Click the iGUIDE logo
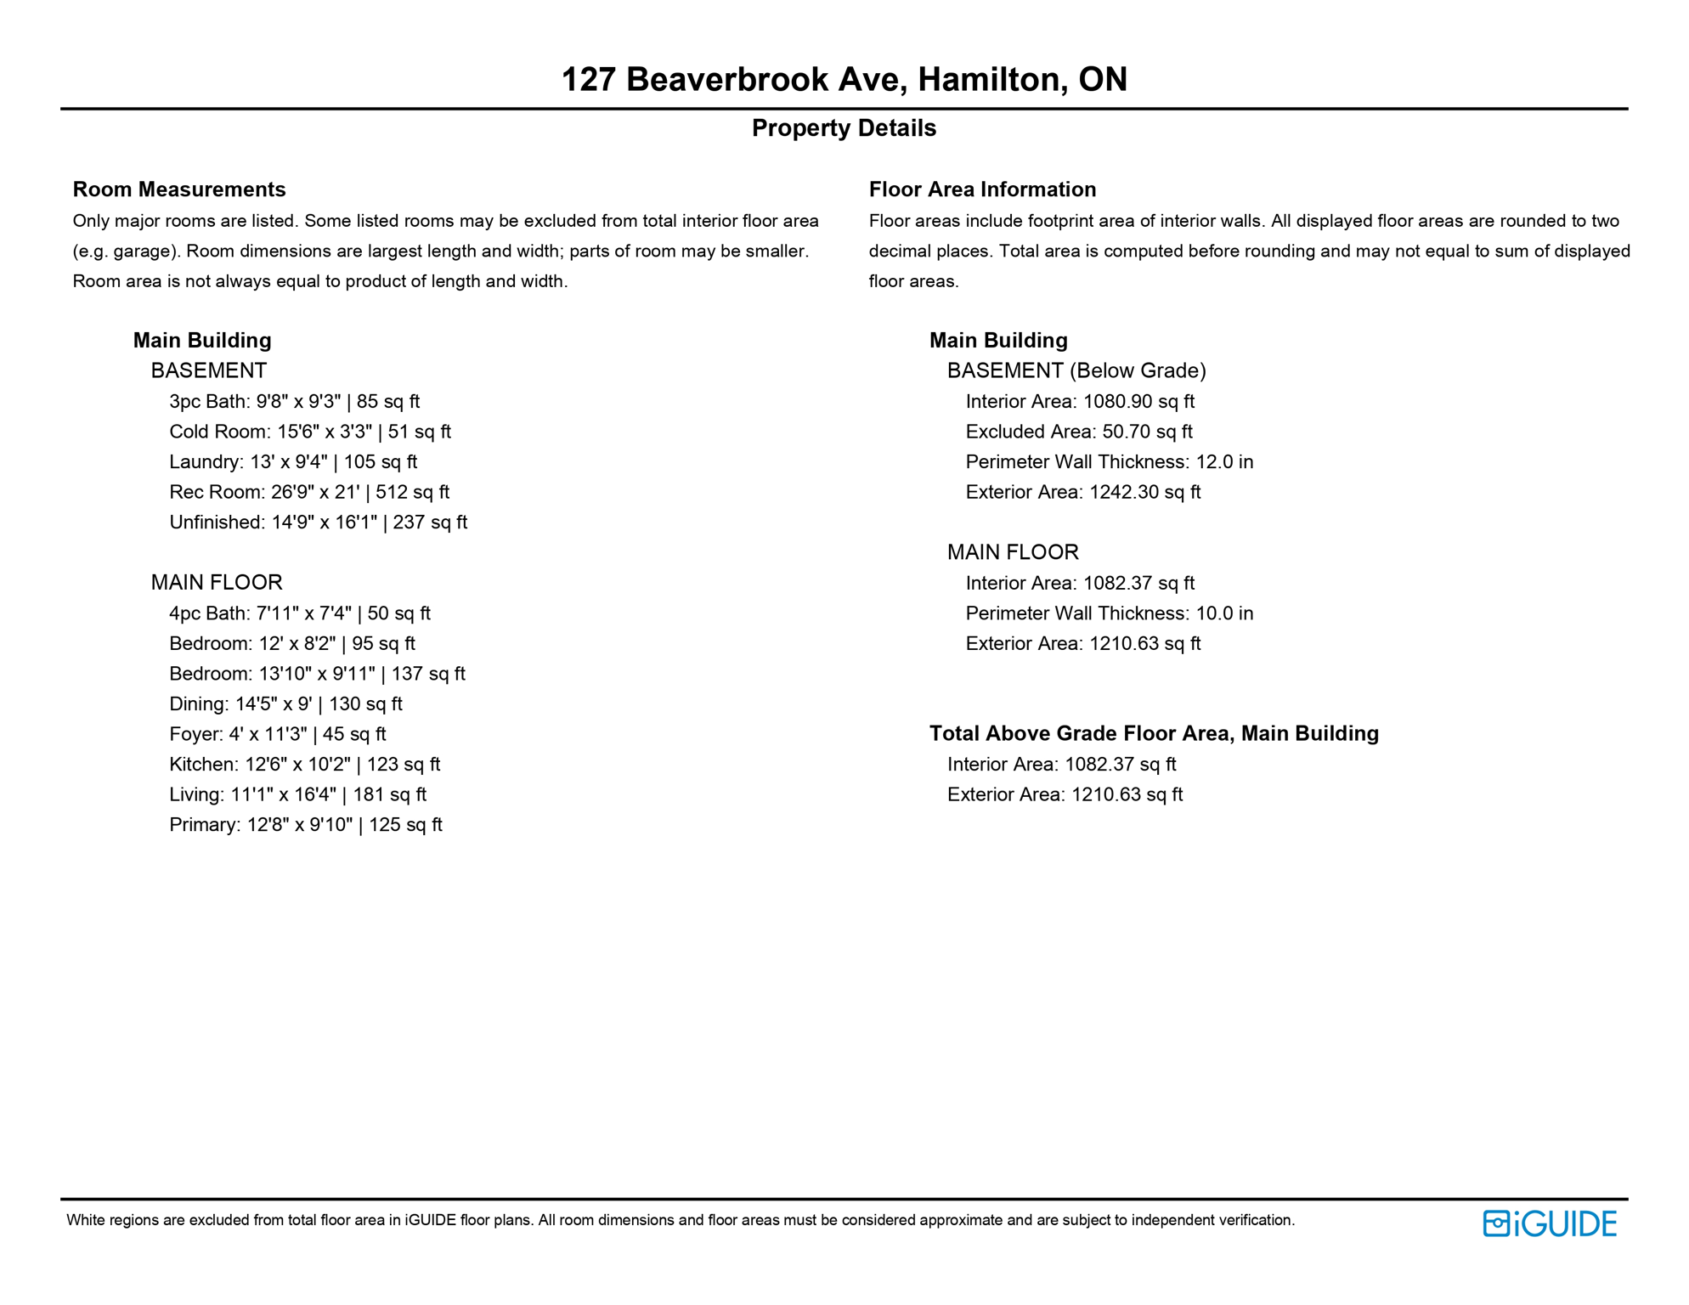[x=1550, y=1223]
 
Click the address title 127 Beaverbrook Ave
[x=844, y=79]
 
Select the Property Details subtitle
[x=844, y=128]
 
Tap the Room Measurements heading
[x=179, y=189]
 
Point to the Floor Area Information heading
[x=982, y=189]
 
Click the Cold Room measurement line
[x=310, y=432]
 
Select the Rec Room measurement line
[x=309, y=492]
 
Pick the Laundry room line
[x=293, y=462]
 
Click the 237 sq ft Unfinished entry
[x=319, y=523]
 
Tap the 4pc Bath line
[x=300, y=613]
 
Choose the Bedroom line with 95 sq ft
[x=292, y=644]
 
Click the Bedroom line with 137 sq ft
[x=317, y=674]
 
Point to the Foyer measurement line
[x=278, y=734]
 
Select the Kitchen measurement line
[x=305, y=765]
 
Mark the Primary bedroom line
[x=306, y=825]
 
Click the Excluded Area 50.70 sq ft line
[x=1079, y=432]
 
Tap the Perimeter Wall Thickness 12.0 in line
[x=1110, y=462]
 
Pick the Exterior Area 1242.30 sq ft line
[x=1083, y=492]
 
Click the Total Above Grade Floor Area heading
[x=1154, y=733]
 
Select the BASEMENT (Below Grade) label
[x=1076, y=370]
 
